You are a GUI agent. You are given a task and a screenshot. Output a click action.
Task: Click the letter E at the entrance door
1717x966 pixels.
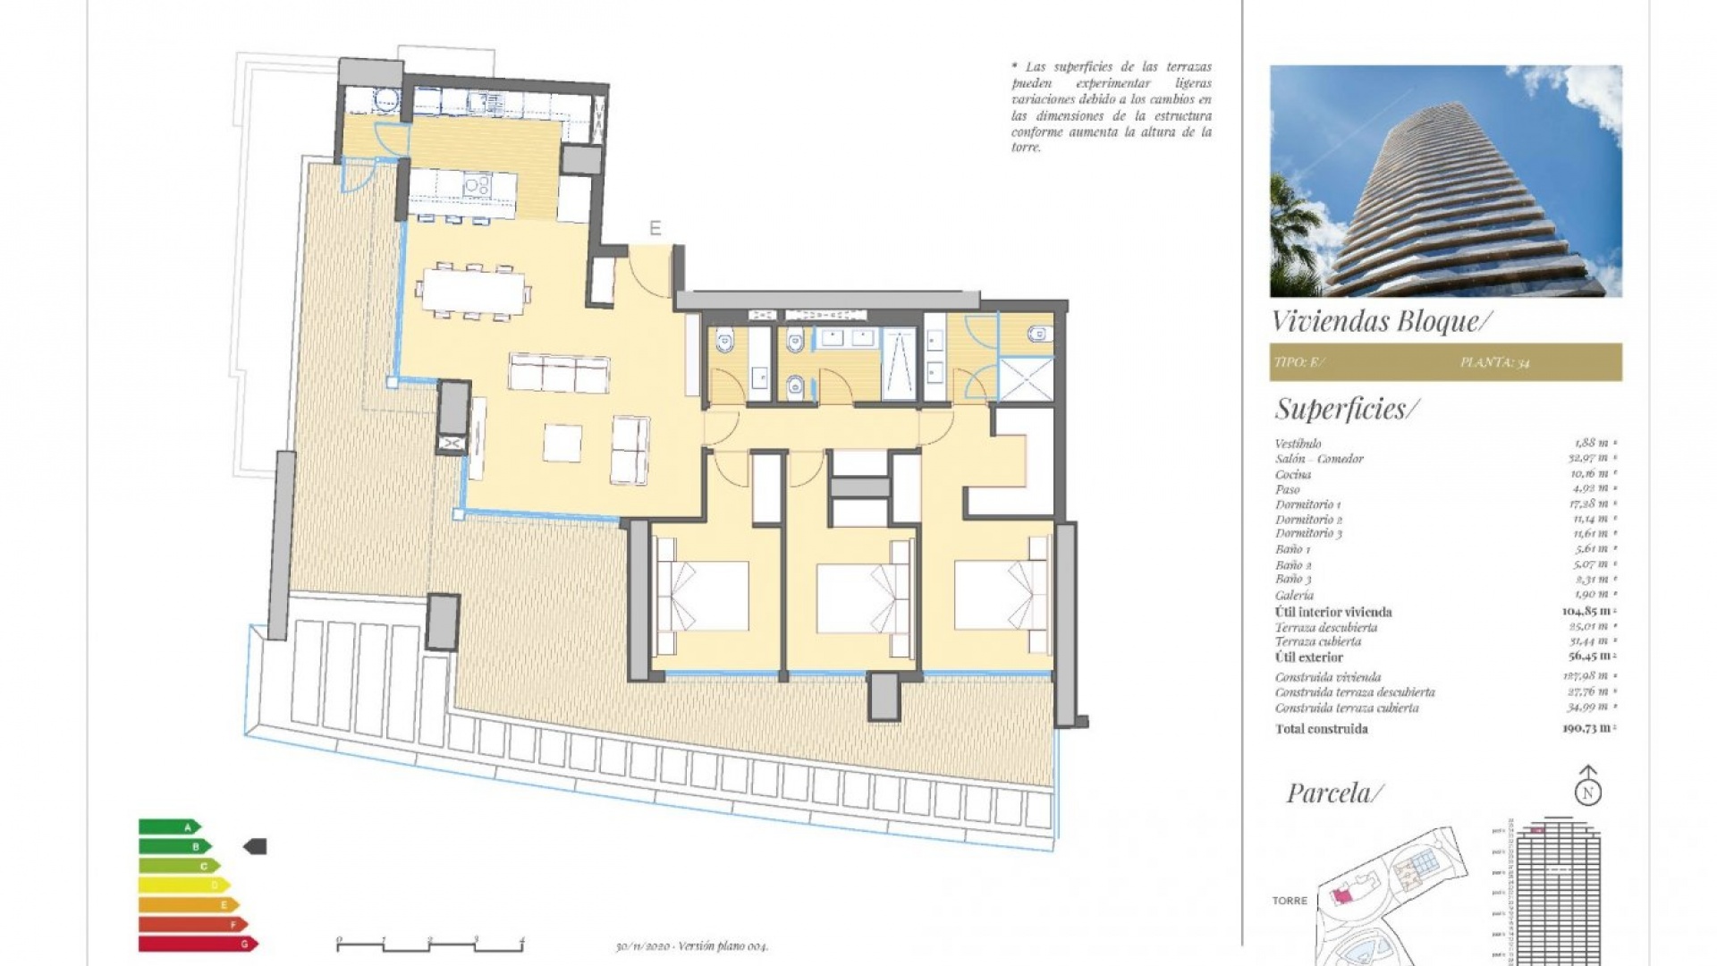click(x=655, y=229)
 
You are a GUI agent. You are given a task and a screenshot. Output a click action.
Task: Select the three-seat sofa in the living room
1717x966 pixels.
click(x=560, y=373)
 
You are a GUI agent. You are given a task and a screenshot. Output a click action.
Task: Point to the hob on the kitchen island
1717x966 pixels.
click(x=478, y=186)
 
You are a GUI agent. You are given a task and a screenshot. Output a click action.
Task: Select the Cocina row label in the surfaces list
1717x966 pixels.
click(x=1293, y=474)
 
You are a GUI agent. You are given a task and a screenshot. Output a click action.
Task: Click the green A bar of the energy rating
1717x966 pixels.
click(x=168, y=827)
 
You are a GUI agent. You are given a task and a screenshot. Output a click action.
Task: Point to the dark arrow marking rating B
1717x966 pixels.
click(x=256, y=846)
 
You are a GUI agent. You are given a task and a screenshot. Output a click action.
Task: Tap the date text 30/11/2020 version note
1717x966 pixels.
click(x=691, y=946)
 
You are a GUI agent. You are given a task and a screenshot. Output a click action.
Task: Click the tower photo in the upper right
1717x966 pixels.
click(x=1445, y=181)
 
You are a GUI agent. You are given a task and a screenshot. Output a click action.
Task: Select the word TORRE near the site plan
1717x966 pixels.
click(x=1290, y=901)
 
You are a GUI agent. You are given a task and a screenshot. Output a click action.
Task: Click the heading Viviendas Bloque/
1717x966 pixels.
click(x=1382, y=321)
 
